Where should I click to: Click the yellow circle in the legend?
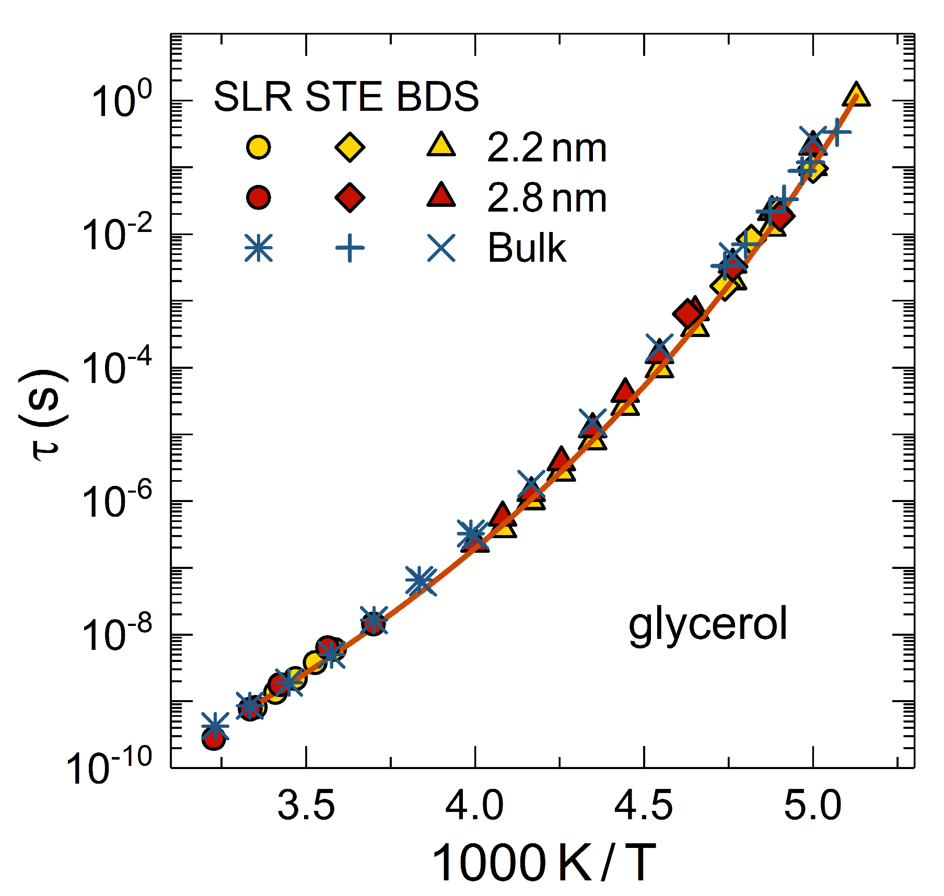258,147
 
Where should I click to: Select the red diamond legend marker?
349,197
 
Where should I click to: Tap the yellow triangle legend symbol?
441,145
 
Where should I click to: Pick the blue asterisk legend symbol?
258,248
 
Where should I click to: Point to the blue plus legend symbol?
349,248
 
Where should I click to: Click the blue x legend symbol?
441,248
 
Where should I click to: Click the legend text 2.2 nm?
546,148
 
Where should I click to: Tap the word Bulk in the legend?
527,248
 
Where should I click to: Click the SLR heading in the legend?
253,97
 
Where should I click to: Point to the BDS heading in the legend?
437,97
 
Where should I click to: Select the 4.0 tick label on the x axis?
474,805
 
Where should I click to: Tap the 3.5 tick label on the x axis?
306,805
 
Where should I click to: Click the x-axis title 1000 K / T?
543,863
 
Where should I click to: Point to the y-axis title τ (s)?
44,415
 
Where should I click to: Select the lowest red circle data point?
214,738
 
